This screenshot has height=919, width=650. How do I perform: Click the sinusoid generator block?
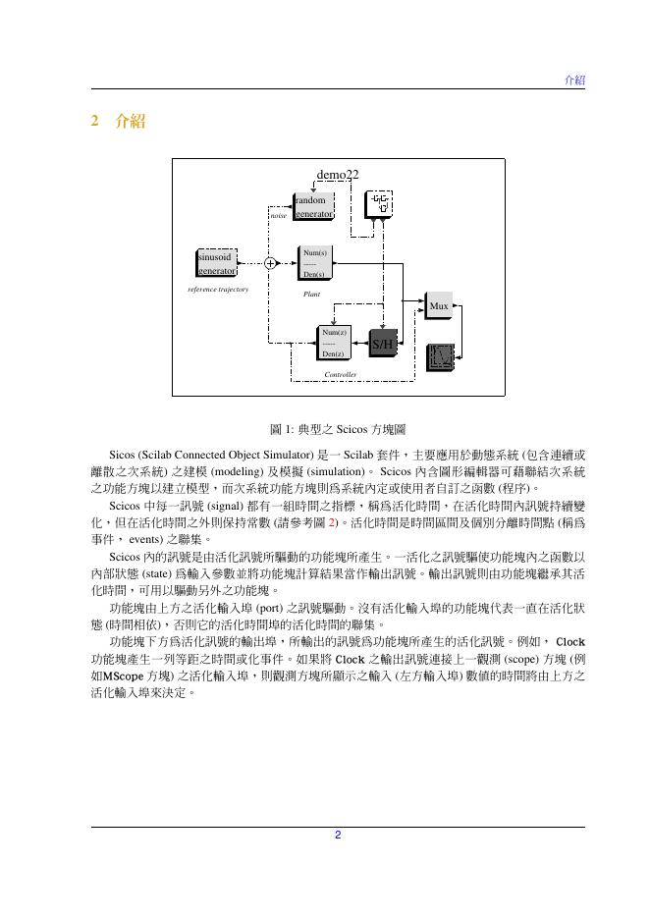[215, 263]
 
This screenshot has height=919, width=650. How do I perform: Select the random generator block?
[312, 206]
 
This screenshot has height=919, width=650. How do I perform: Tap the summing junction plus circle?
[270, 263]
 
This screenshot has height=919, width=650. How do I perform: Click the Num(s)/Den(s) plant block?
[314, 264]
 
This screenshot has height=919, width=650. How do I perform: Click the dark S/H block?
[381, 344]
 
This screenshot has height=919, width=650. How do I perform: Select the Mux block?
[438, 306]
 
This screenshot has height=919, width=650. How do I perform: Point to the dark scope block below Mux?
[440, 355]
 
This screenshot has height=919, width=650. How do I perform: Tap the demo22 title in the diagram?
[337, 175]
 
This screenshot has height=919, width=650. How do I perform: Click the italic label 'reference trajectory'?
[218, 290]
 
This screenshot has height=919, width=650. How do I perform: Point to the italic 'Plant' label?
[311, 294]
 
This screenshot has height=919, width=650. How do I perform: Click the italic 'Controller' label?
[340, 375]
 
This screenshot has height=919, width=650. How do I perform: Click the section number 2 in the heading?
[95, 122]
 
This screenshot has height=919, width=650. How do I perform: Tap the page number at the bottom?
[337, 836]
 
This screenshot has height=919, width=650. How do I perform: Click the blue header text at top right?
[574, 80]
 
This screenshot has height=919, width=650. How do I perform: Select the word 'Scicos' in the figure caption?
[351, 430]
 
